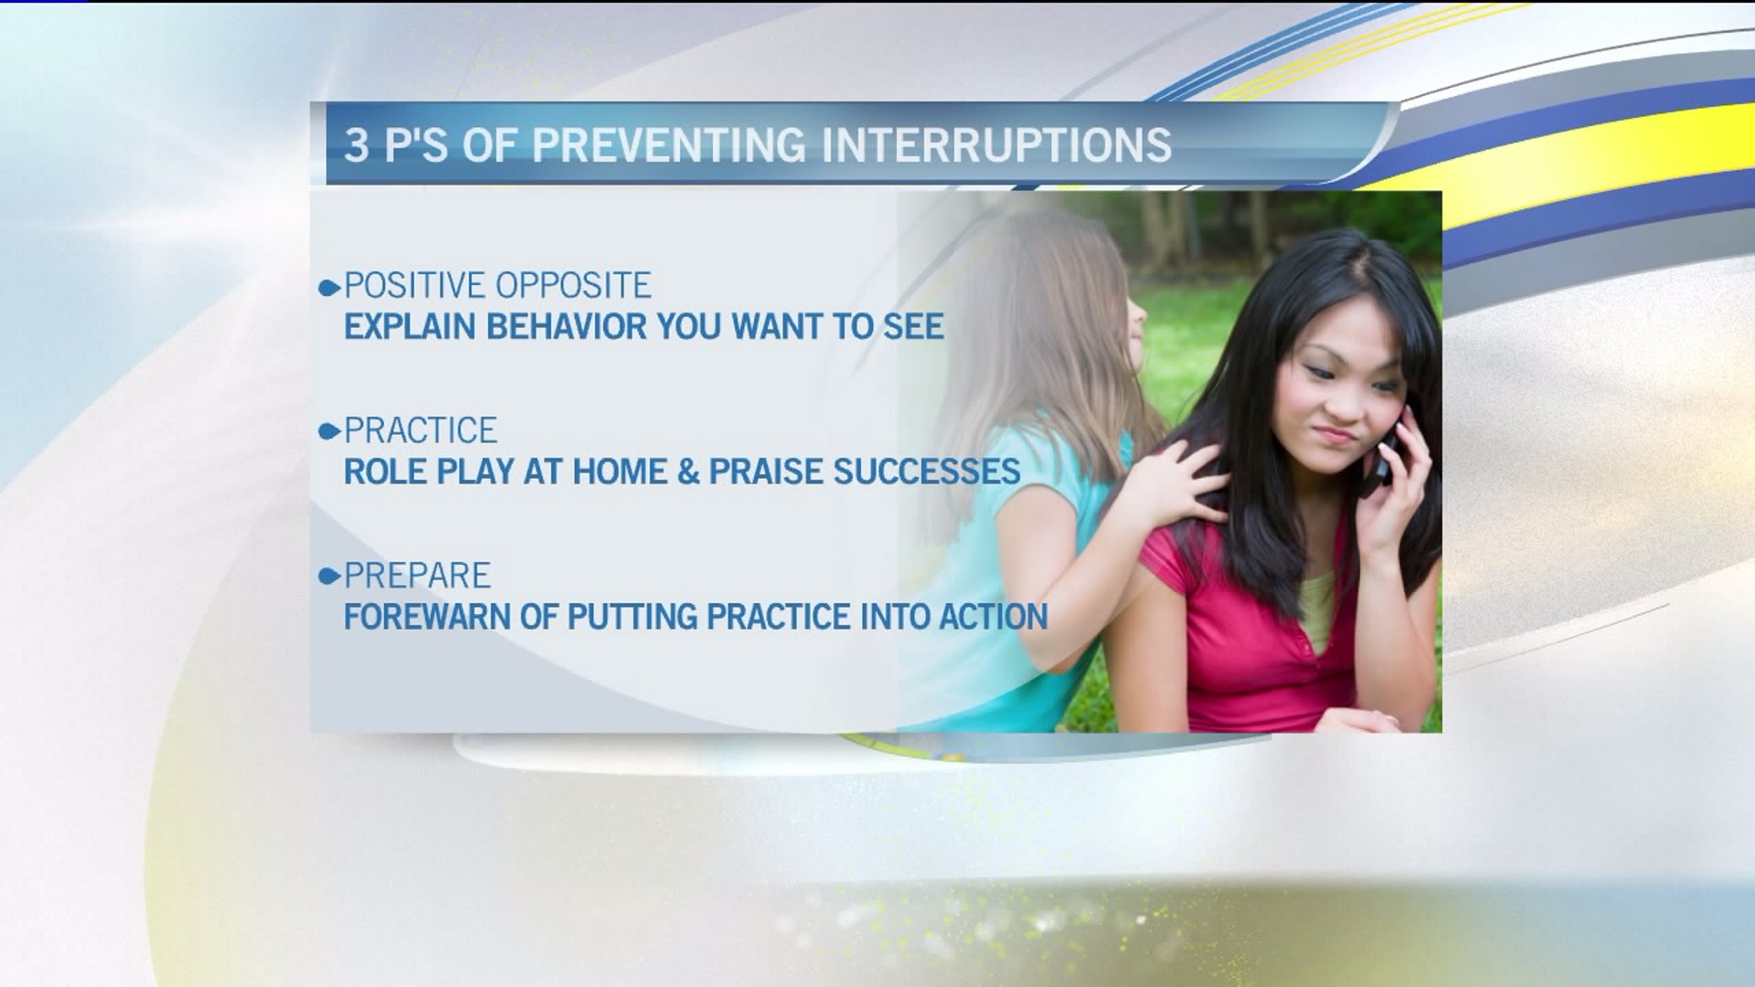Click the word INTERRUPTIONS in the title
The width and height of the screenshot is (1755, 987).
[997, 145]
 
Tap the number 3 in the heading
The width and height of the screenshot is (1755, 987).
[356, 145]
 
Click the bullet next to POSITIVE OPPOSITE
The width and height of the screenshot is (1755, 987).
[329, 289]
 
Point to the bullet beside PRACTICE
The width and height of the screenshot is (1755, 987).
[329, 432]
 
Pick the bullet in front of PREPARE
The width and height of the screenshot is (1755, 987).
[329, 577]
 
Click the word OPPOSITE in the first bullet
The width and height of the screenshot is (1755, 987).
[573, 286]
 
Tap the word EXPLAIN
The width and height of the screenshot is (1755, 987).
[410, 327]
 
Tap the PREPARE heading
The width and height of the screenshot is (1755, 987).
[418, 576]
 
